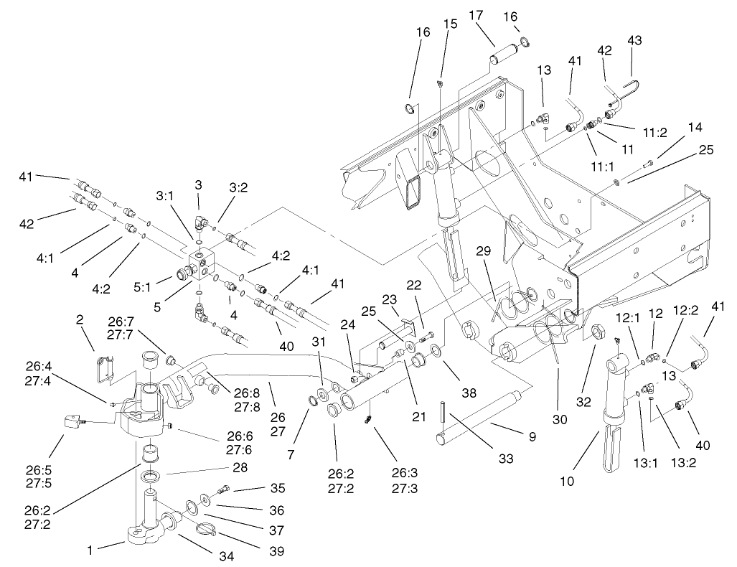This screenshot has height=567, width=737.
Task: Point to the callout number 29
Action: click(x=484, y=250)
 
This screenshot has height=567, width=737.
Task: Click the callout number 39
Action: click(x=275, y=551)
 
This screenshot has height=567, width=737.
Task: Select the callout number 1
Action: click(x=89, y=550)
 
